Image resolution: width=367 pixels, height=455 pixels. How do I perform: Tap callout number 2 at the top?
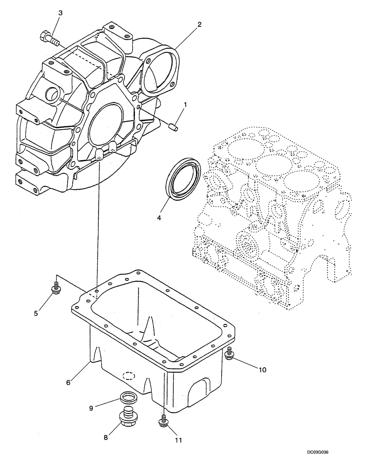point(199,25)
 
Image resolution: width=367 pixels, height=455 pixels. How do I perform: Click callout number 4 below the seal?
point(159,218)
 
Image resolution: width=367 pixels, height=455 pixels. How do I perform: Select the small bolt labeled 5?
point(56,288)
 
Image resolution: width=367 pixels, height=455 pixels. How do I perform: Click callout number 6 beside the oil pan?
point(68,383)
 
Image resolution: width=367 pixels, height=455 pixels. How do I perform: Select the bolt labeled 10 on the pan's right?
point(229,353)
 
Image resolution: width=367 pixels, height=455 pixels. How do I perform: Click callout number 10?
point(262,370)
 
